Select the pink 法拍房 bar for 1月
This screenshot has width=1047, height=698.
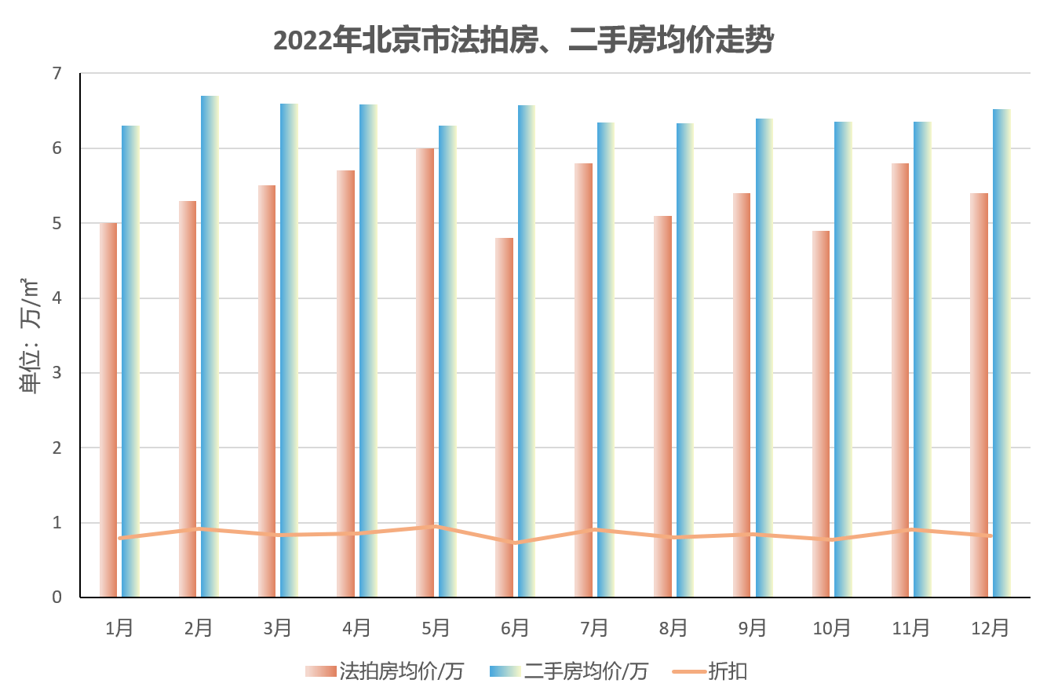point(108,408)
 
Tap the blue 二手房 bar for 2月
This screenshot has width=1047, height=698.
point(210,345)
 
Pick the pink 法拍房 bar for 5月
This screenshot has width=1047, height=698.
point(425,373)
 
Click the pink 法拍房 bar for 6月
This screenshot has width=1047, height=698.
point(504,416)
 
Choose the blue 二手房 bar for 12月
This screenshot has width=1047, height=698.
point(1001,353)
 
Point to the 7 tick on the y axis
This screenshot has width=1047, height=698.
point(57,73)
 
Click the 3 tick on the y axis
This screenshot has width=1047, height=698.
point(57,373)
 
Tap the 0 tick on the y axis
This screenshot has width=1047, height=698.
point(57,598)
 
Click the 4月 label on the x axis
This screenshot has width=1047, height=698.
point(356,627)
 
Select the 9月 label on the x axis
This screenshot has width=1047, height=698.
point(752,627)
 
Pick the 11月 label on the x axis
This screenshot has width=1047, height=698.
point(910,627)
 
